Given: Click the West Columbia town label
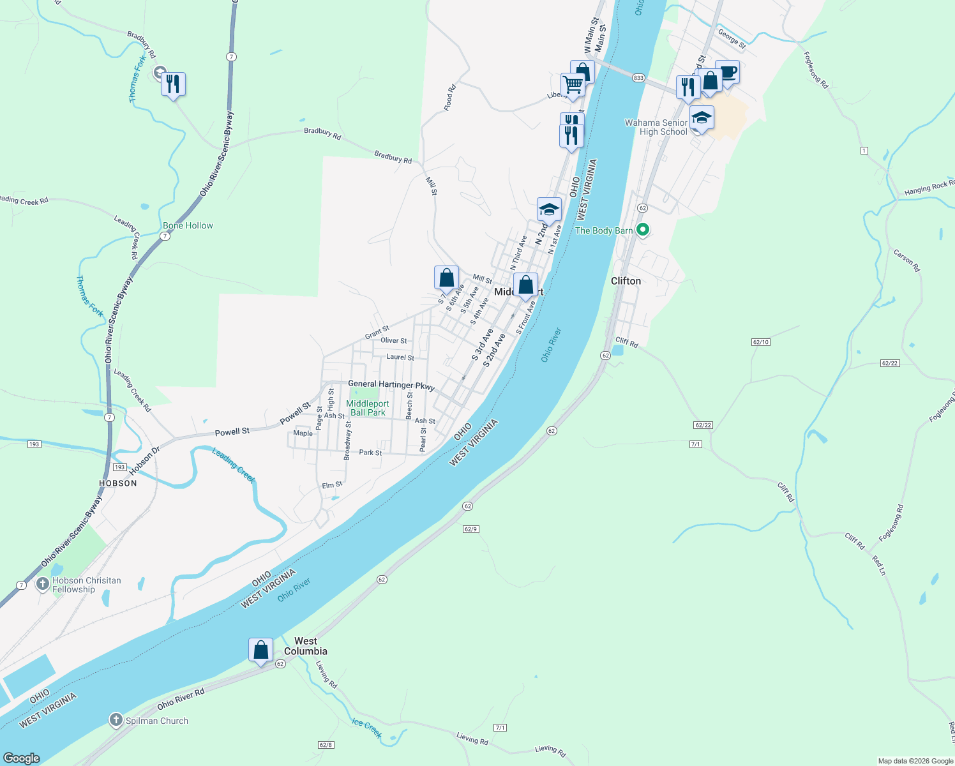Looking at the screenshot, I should pyautogui.click(x=305, y=646).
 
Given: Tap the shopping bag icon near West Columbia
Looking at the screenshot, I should pyautogui.click(x=260, y=650).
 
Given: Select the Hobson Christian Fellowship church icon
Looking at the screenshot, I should pyautogui.click(x=42, y=584).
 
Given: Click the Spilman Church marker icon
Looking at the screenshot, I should pyautogui.click(x=116, y=721).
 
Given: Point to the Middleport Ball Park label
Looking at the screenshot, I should pyautogui.click(x=368, y=409).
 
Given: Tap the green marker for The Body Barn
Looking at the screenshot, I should pyautogui.click(x=643, y=230).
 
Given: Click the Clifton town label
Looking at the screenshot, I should pyautogui.click(x=626, y=281).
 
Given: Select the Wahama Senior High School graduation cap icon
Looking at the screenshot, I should pyautogui.click(x=702, y=118).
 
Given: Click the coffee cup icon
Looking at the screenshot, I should pyautogui.click(x=727, y=72).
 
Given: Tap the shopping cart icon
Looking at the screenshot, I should pyautogui.click(x=573, y=84).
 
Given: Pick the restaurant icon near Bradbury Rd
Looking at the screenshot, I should pyautogui.click(x=173, y=84).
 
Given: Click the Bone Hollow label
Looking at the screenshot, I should pyautogui.click(x=188, y=225).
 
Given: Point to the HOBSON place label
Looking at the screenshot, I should pyautogui.click(x=118, y=483).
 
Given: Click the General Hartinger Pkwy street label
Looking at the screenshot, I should pyautogui.click(x=391, y=385).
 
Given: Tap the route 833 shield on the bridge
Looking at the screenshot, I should pyautogui.click(x=638, y=78).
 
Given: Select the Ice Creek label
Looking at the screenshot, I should pyautogui.click(x=366, y=727).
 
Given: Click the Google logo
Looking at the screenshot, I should pyautogui.click(x=22, y=758).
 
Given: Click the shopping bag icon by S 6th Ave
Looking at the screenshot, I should pyautogui.click(x=446, y=278).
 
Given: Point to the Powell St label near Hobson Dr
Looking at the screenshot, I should pyautogui.click(x=232, y=432).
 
